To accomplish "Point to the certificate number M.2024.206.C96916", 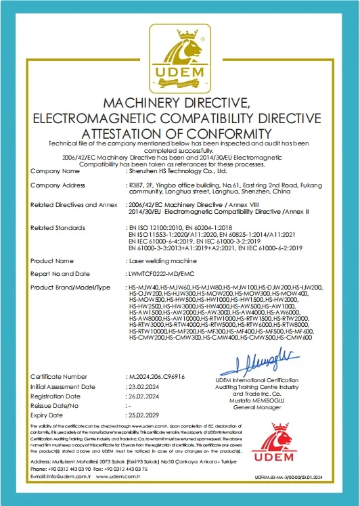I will pos(156,376).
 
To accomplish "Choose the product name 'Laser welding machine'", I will pos(154,260).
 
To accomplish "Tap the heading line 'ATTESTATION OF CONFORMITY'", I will pos(180,131).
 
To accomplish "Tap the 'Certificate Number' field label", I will pos(59,376).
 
